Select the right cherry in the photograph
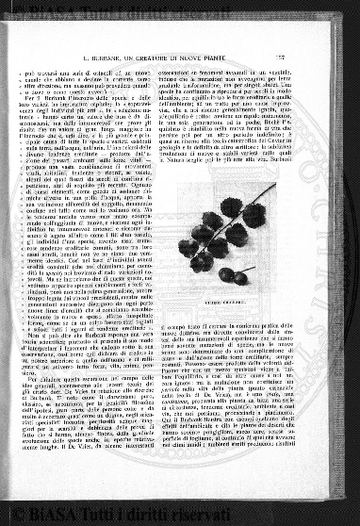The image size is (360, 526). tap(240, 278)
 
